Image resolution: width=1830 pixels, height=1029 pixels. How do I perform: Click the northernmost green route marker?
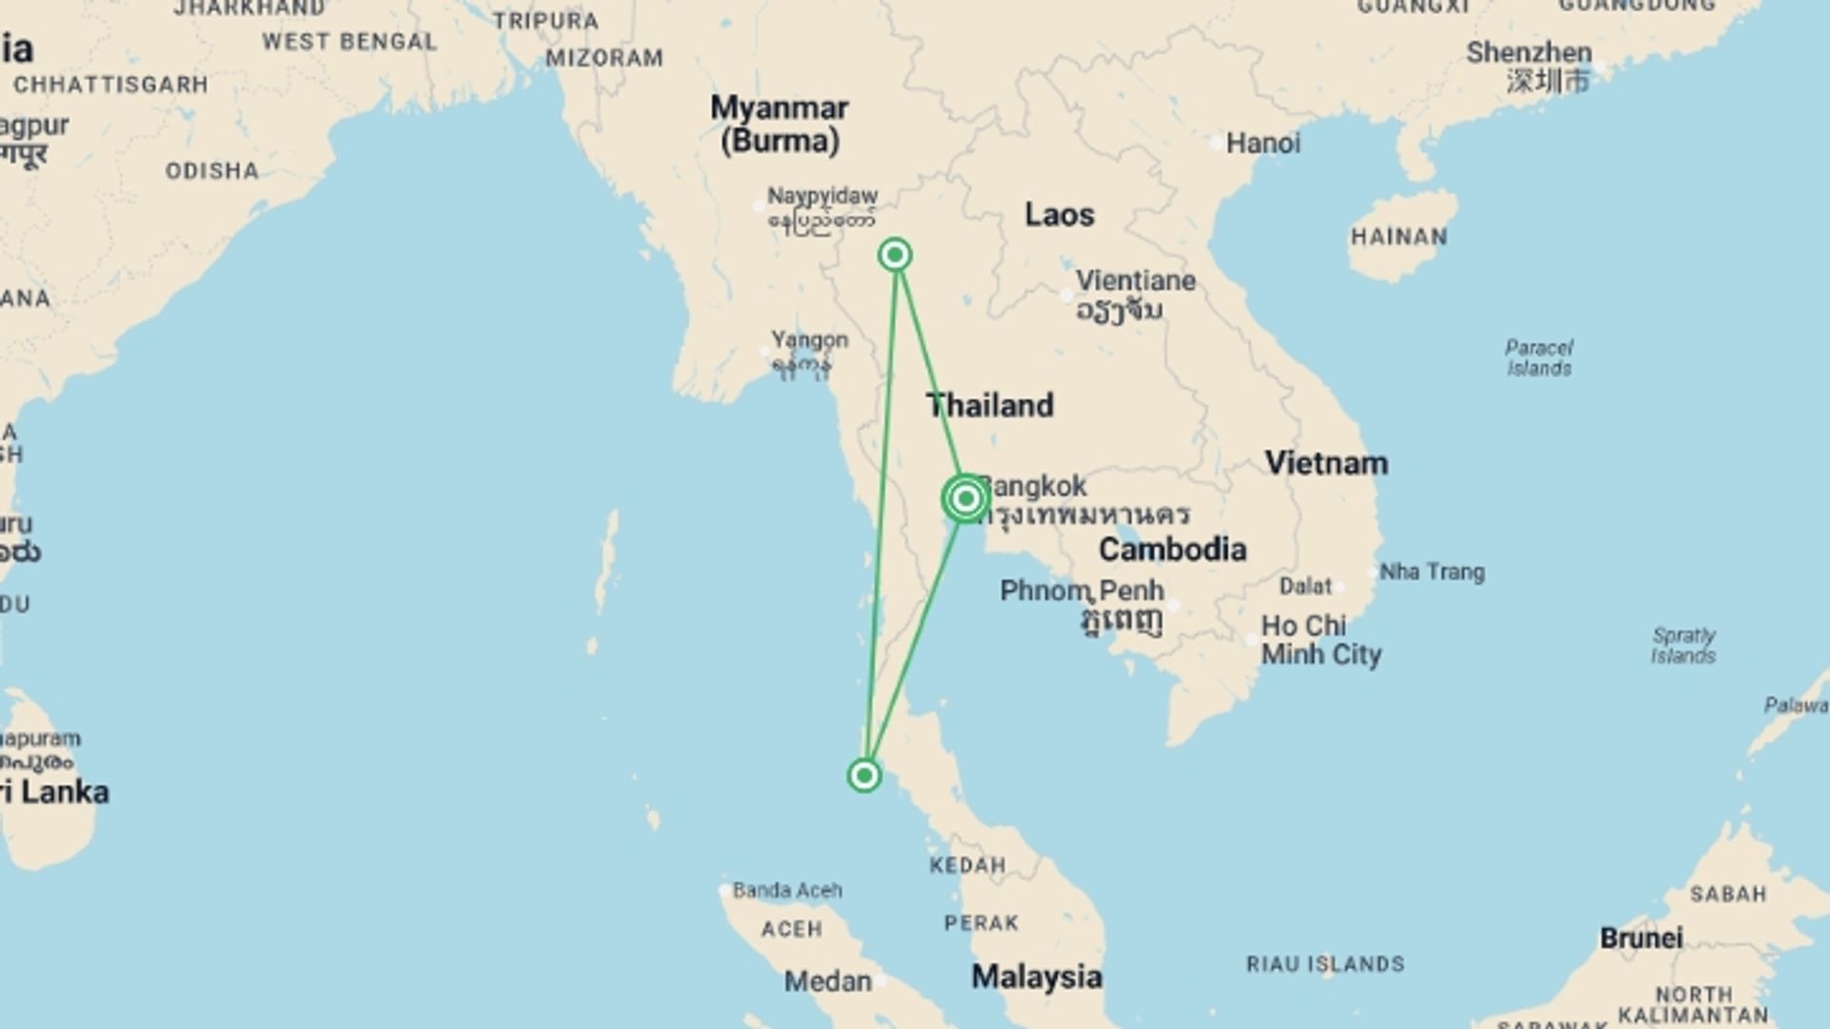point(895,254)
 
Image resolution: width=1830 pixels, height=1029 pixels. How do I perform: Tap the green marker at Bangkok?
point(966,498)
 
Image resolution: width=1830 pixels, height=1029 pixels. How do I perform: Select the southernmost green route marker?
point(864,776)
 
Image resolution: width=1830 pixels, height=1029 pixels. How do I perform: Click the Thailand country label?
point(990,405)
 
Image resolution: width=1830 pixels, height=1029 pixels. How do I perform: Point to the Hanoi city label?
point(1262,143)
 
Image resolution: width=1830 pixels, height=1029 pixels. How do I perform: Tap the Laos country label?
point(1059,214)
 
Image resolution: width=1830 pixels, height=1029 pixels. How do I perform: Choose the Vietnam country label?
point(1326,463)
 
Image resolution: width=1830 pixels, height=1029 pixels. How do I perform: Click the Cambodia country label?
point(1172,549)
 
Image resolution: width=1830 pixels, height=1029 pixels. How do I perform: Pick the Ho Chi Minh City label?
point(1320,639)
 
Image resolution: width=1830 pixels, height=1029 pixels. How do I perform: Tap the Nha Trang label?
point(1432,572)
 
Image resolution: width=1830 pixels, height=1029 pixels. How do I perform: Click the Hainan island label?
point(1398,236)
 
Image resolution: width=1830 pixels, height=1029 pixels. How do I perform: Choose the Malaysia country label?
point(1036,977)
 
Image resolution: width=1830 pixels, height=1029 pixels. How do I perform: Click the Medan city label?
point(827,981)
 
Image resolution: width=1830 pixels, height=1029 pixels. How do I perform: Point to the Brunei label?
point(1640,938)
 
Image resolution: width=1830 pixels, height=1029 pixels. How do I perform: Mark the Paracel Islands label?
point(1539,357)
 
